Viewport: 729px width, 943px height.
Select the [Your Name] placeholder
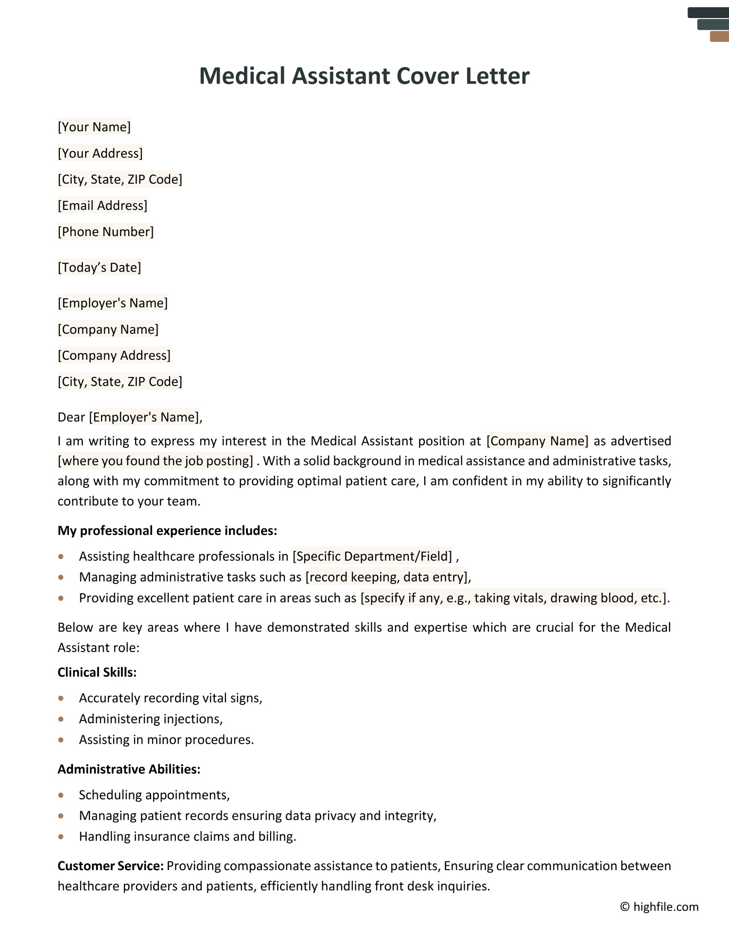click(94, 127)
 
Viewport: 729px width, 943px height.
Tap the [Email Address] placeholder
click(103, 206)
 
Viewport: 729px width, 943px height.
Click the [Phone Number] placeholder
click(105, 232)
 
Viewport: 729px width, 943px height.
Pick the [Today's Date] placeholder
click(99, 268)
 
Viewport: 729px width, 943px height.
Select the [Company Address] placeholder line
click(114, 356)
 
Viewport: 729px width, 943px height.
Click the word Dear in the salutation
click(71, 417)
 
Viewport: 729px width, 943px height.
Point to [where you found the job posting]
click(156, 461)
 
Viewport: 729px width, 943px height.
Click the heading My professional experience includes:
click(167, 531)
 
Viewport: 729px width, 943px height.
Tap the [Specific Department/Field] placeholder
click(372, 556)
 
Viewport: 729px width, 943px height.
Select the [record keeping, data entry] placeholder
click(386, 577)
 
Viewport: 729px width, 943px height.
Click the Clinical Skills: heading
click(97, 672)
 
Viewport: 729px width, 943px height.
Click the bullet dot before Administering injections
click(61, 719)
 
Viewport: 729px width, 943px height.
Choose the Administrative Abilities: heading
click(129, 769)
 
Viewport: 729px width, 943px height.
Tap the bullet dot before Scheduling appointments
click(61, 795)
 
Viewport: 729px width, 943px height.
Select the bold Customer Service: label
click(110, 866)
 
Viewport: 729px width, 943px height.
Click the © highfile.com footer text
click(659, 907)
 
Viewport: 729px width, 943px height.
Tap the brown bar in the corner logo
click(719, 36)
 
